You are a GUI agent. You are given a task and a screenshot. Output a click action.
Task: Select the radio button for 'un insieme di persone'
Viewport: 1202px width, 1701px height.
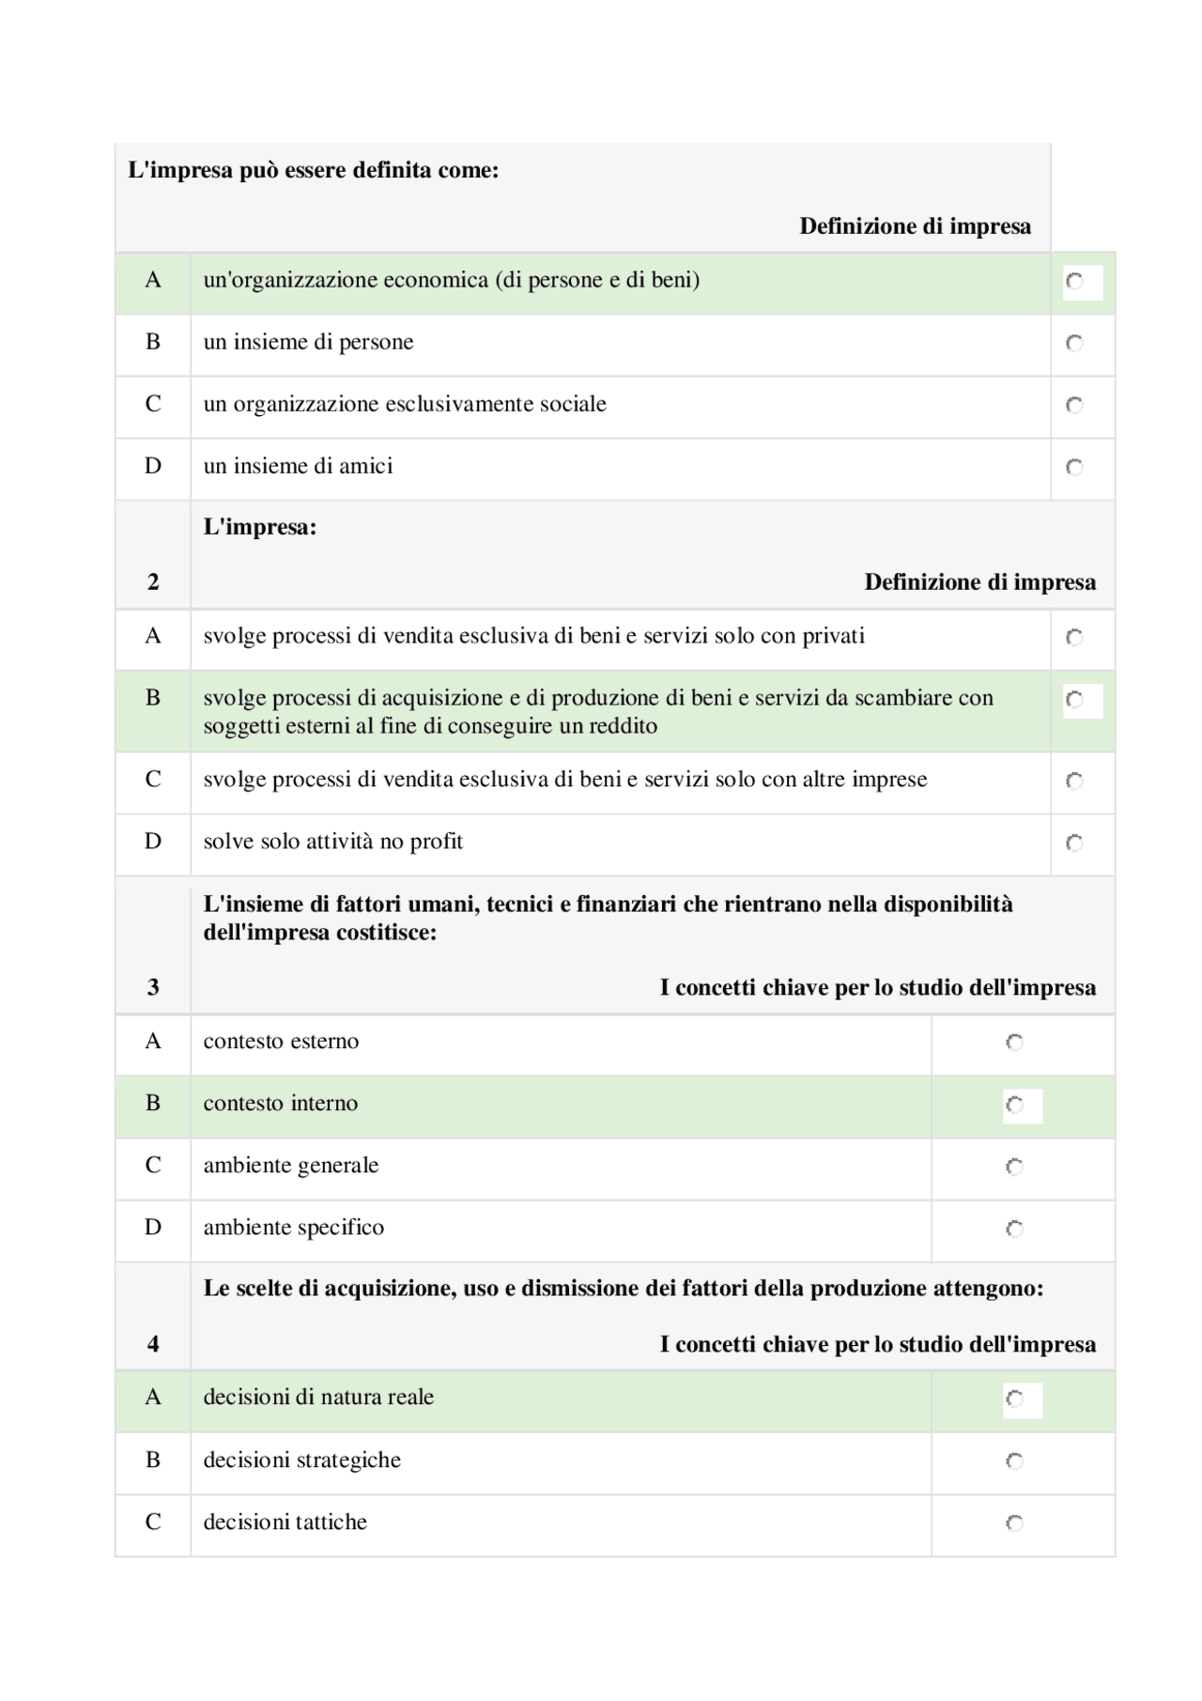click(1074, 343)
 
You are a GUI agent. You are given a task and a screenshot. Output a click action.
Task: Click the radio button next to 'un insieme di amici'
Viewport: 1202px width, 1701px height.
click(1074, 467)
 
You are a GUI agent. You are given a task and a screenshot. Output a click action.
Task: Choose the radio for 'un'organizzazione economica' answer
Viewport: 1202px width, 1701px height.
click(1074, 281)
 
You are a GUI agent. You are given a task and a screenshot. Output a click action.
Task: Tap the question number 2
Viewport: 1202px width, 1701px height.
click(153, 582)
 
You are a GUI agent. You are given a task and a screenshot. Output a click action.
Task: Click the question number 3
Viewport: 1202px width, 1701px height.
click(153, 987)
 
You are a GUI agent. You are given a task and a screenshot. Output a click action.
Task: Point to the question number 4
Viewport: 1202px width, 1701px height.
click(153, 1344)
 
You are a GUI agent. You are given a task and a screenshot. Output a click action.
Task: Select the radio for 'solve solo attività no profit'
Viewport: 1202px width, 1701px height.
click(1074, 843)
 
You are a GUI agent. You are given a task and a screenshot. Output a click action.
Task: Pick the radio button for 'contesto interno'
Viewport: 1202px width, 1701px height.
click(1014, 1105)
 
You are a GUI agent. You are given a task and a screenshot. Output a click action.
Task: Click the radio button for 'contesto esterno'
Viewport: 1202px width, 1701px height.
click(1014, 1042)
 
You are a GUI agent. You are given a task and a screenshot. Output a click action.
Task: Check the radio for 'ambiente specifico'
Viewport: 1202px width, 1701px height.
click(1014, 1229)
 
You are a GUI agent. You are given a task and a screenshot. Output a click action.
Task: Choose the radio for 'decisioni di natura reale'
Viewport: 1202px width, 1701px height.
click(1014, 1399)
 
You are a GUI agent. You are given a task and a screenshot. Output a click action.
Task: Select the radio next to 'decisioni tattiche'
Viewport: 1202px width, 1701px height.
click(1014, 1523)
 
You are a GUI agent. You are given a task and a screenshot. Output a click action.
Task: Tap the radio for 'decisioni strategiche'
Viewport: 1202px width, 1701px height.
click(1014, 1461)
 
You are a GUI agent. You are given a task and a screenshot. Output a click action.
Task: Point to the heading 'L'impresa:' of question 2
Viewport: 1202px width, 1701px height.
click(260, 527)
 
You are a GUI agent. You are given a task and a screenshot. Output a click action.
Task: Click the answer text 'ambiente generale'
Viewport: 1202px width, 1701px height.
click(291, 1166)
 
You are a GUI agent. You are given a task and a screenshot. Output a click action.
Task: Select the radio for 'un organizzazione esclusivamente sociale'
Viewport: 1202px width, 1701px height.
click(1074, 405)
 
